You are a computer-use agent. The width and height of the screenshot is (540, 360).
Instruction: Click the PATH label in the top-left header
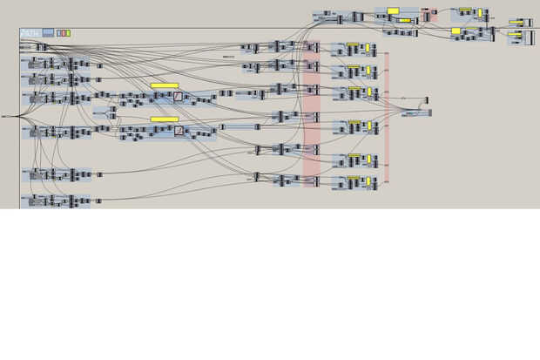pos(30,33)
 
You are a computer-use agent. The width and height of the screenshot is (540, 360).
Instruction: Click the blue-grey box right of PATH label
pos(48,33)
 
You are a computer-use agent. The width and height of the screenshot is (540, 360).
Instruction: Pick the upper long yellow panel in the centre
pos(164,85)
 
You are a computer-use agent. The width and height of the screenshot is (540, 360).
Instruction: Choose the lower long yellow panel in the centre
pos(164,119)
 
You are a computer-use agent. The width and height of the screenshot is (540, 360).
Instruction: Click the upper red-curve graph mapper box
pos(178,96)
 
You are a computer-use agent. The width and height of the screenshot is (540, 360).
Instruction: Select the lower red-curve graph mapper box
pos(178,131)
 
